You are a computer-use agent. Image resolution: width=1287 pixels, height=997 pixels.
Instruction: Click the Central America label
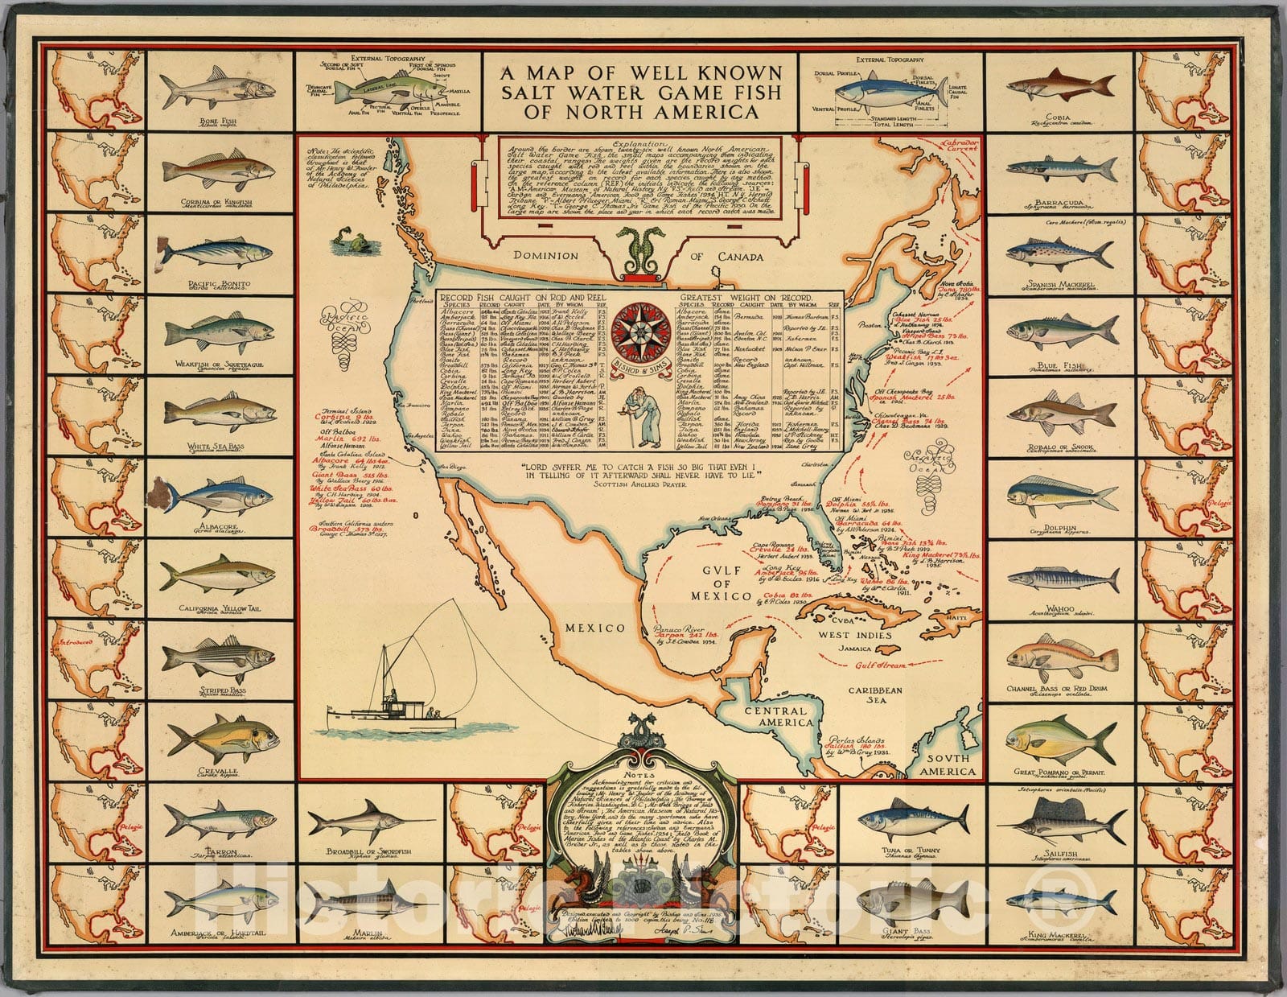tap(774, 717)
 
